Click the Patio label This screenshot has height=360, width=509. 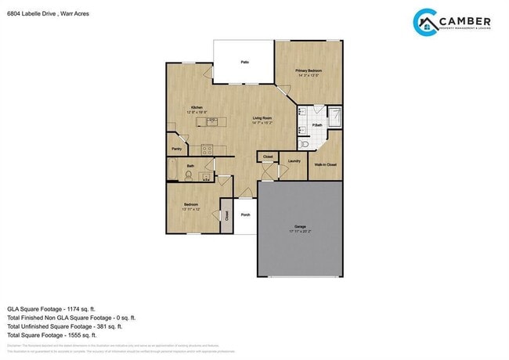coord(244,61)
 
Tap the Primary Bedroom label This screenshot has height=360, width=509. coord(308,70)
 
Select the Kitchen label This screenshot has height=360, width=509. coord(197,108)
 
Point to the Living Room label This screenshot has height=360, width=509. coord(262,119)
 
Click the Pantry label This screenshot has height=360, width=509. coord(176,148)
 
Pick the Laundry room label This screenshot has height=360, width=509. coord(294,161)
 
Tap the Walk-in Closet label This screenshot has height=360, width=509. coord(325,165)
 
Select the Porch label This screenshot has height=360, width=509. coord(245,214)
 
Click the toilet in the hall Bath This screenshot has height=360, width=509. coord(188,177)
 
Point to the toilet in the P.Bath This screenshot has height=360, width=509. coord(304,144)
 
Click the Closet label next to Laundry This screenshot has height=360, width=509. coord(268,157)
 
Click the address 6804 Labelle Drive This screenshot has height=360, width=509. coord(31,13)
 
